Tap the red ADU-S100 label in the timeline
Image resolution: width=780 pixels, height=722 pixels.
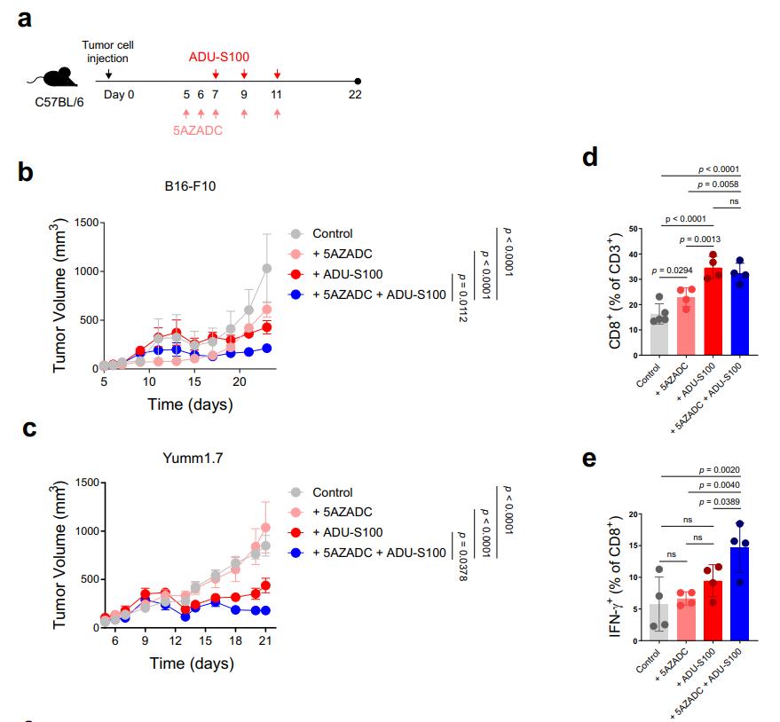218,57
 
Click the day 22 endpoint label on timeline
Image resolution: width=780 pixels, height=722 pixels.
355,94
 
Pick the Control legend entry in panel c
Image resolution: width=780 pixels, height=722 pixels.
332,492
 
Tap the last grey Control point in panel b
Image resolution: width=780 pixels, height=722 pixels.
266,268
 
